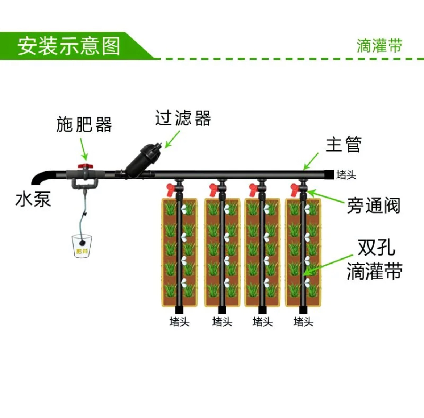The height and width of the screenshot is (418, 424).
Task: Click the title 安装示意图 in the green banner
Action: click(x=68, y=46)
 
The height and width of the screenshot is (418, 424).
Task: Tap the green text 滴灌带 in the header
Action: click(x=379, y=46)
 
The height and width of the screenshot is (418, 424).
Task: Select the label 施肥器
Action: click(x=84, y=124)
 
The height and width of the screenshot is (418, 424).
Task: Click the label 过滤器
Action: click(x=183, y=118)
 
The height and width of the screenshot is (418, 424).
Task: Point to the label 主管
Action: click(x=343, y=144)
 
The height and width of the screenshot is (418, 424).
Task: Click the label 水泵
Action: click(x=33, y=199)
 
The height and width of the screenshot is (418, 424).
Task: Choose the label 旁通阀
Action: click(x=373, y=206)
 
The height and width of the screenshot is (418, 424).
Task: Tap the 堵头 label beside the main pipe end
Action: click(x=346, y=175)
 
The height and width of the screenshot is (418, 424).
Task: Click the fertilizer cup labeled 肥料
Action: click(x=82, y=247)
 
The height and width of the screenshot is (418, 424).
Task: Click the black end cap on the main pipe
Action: click(x=329, y=174)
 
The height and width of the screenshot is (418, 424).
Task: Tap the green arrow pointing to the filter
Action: click(x=172, y=139)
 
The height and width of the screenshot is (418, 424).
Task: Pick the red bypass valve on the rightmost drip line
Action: click(x=294, y=189)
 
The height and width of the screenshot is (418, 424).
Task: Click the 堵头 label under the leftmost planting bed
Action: click(x=179, y=322)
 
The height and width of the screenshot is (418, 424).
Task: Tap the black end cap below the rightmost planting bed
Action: click(x=303, y=310)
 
